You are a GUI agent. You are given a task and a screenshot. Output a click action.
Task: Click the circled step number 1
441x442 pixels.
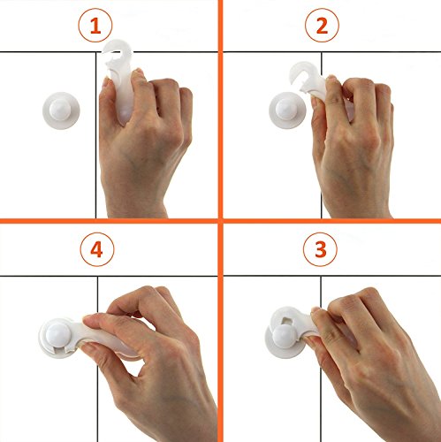pos(95,26)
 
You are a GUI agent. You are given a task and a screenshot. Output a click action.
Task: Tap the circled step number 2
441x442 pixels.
pos(322,26)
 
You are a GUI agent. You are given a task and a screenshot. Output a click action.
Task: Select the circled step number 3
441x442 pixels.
pos(320,249)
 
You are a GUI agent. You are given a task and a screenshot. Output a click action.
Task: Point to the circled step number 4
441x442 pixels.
pos(97,249)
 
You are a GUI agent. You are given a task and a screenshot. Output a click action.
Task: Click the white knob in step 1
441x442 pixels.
pos(61,110)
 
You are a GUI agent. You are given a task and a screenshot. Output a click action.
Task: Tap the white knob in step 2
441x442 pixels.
pos(287,110)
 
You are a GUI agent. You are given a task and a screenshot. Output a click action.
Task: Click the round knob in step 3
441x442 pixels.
pos(285,337)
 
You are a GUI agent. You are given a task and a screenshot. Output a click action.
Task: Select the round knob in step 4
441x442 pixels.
pos(58,336)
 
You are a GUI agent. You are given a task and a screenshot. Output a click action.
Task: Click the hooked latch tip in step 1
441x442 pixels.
pos(118,50)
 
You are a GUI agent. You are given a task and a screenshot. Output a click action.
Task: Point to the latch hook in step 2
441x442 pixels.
pos(303,72)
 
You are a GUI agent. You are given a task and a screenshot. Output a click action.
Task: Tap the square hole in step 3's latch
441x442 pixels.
pos(288,320)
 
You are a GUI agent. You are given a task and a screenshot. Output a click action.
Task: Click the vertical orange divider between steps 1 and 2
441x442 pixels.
pos(220,110)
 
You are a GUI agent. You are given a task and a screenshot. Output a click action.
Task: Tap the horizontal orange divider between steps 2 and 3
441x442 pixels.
pos(332,221)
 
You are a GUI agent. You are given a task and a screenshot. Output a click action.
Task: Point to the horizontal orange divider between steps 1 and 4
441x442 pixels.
pos(109,221)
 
